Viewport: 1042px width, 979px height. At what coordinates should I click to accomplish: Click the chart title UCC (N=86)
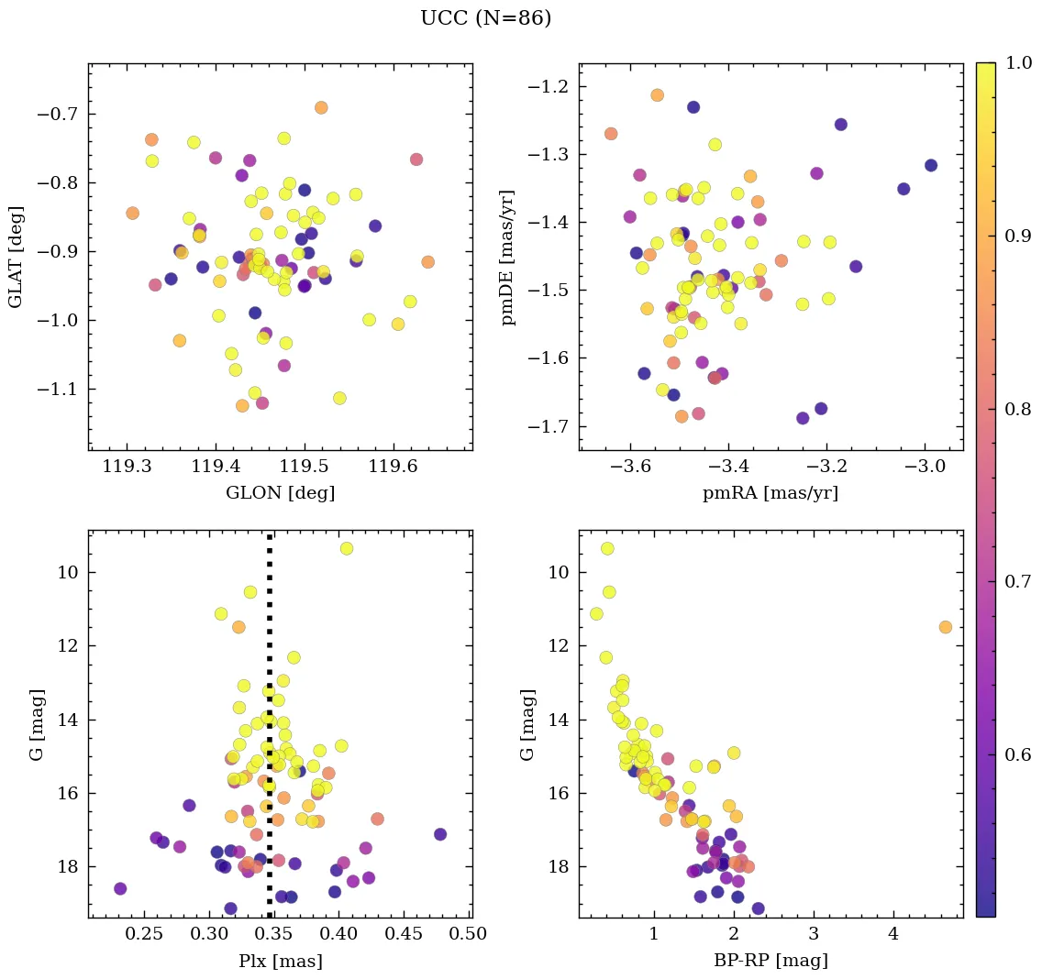click(485, 18)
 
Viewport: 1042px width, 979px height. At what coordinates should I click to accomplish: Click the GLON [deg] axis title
click(280, 493)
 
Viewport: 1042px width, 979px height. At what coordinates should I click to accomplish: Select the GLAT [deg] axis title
click(16, 257)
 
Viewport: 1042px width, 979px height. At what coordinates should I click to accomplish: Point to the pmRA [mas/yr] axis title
click(770, 493)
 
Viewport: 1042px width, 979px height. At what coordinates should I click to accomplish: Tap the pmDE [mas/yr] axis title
click(507, 257)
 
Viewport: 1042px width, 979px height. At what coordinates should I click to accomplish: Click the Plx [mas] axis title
click(280, 961)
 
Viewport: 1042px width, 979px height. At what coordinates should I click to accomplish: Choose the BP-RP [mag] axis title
click(770, 961)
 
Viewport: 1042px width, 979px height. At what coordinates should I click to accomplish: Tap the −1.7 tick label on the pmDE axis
click(549, 426)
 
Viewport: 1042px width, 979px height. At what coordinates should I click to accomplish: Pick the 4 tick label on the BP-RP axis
click(893, 936)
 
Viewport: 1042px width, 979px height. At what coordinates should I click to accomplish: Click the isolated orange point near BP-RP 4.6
click(945, 627)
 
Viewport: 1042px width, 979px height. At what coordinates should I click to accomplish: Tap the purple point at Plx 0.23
click(120, 888)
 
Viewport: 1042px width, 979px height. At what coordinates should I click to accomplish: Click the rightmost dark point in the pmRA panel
click(931, 165)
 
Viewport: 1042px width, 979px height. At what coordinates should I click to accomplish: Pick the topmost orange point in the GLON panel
click(321, 107)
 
